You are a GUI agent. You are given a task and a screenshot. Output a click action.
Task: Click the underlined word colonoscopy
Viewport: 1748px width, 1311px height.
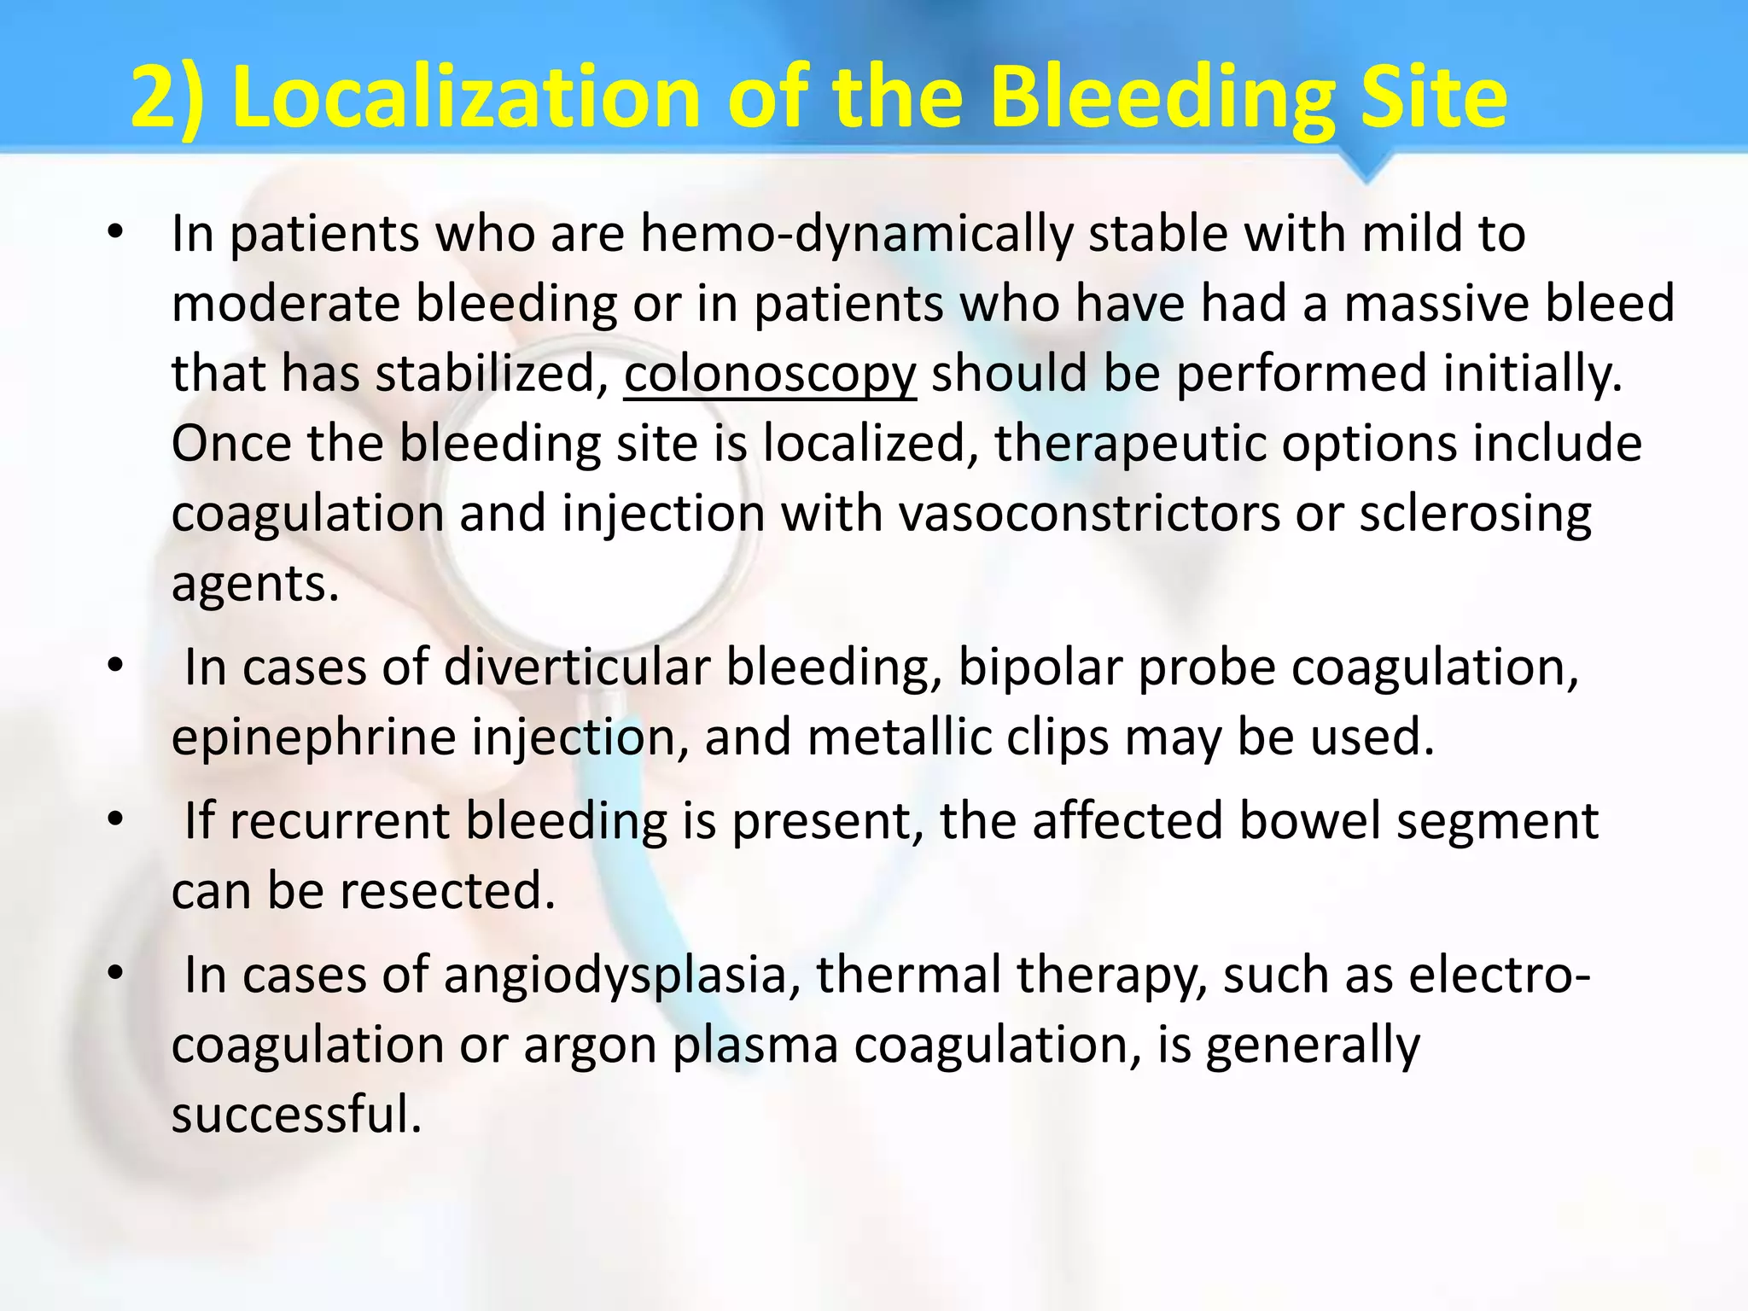pos(770,375)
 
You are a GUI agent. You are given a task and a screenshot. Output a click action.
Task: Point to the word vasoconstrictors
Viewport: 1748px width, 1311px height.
pos(1089,515)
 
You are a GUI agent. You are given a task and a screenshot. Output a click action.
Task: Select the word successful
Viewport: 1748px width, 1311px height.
pos(296,1115)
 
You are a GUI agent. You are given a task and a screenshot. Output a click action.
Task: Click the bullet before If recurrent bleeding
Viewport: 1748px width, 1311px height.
pos(116,820)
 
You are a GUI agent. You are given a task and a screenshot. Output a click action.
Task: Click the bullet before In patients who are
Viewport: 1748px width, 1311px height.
pos(116,232)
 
